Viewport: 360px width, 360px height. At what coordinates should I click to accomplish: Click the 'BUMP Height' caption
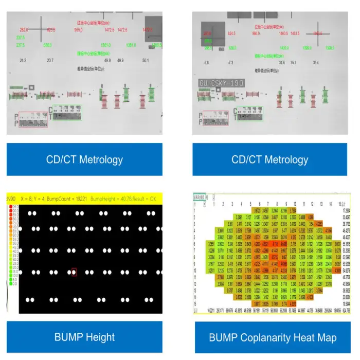(x=85, y=337)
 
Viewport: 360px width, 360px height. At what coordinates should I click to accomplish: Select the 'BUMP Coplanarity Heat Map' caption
(x=273, y=337)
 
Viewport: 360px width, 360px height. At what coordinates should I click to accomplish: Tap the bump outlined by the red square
(x=74, y=272)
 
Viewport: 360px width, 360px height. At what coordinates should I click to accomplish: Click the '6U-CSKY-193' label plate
(x=221, y=83)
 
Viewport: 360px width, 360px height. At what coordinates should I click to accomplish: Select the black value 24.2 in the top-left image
(x=23, y=61)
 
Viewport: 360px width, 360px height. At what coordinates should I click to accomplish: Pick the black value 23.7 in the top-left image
(x=50, y=61)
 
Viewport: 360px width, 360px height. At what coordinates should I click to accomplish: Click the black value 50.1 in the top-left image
(x=145, y=61)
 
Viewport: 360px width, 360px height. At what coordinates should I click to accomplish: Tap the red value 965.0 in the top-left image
(x=79, y=30)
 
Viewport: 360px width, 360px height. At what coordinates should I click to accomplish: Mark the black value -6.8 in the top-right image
(x=206, y=63)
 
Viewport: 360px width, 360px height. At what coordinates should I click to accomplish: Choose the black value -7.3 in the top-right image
(x=230, y=63)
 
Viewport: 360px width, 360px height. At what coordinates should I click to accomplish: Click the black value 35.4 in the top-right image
(x=316, y=63)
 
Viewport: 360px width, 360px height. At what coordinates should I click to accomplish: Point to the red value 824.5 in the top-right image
(x=231, y=33)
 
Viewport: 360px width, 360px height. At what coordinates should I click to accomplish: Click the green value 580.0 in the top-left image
(x=47, y=45)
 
